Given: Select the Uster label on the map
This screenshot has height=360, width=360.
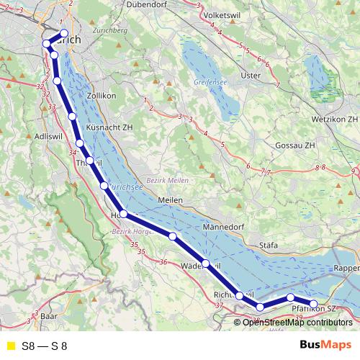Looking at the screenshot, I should tap(251, 75).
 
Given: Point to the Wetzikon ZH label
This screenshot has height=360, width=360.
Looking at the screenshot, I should tap(332, 117).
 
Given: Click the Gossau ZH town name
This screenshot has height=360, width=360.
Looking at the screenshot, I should tap(295, 145).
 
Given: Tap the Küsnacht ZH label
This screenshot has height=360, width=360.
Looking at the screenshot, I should tap(109, 127).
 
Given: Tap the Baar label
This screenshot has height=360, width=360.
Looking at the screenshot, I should tap(49, 316).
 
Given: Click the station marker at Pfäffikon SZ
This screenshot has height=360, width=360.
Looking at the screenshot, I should tap(314, 304).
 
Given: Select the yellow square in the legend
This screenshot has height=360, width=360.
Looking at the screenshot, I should tap(10, 346).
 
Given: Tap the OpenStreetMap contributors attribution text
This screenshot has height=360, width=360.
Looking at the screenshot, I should tap(298, 322).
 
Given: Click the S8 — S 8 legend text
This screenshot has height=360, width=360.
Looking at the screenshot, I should tap(45, 346).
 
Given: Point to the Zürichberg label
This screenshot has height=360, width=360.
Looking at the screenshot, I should tap(110, 32).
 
